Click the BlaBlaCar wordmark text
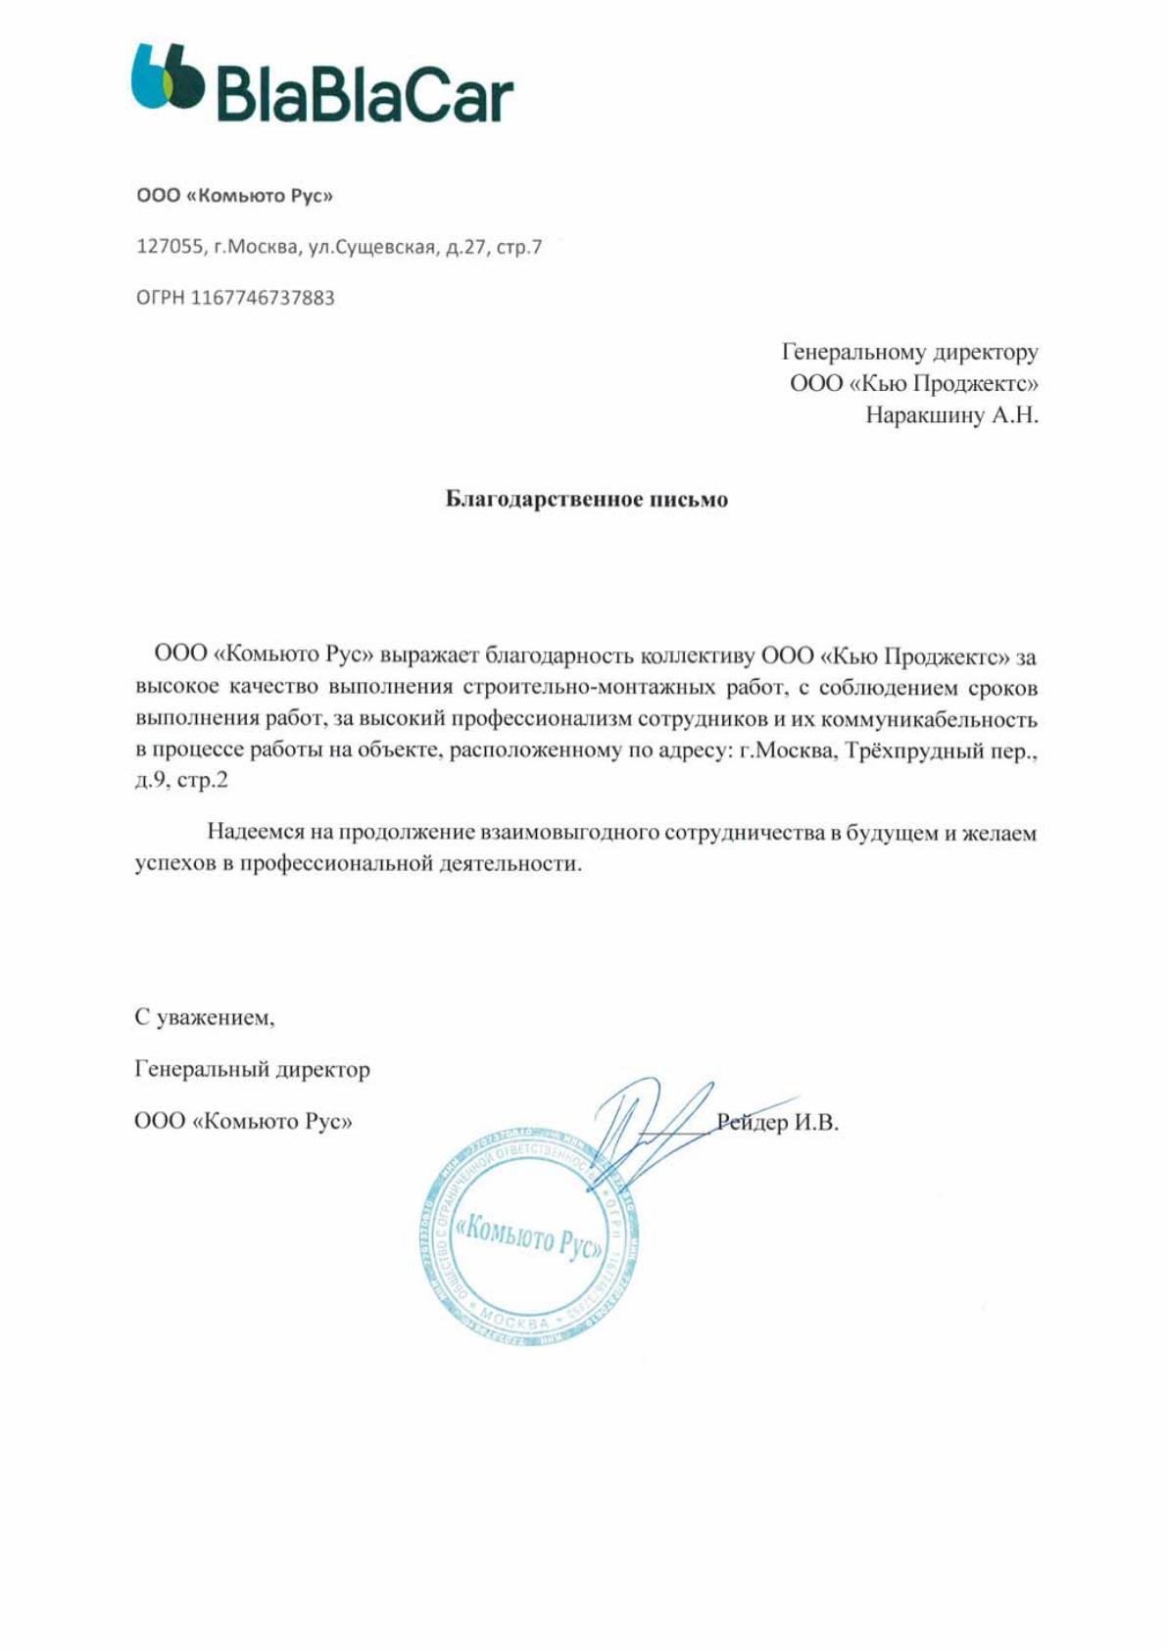click(x=363, y=93)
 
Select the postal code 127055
click(x=169, y=247)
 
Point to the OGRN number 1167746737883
click(x=262, y=298)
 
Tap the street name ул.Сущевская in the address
click(x=371, y=247)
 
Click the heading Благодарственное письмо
click(x=586, y=500)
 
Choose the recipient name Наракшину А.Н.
click(x=950, y=415)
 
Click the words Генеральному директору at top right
click(x=909, y=352)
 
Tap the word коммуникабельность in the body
click(x=929, y=719)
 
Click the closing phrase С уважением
click(x=204, y=1017)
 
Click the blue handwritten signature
click(x=647, y=1127)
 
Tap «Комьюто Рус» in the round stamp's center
click(x=529, y=1237)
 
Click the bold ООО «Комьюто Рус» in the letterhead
click(x=234, y=196)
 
